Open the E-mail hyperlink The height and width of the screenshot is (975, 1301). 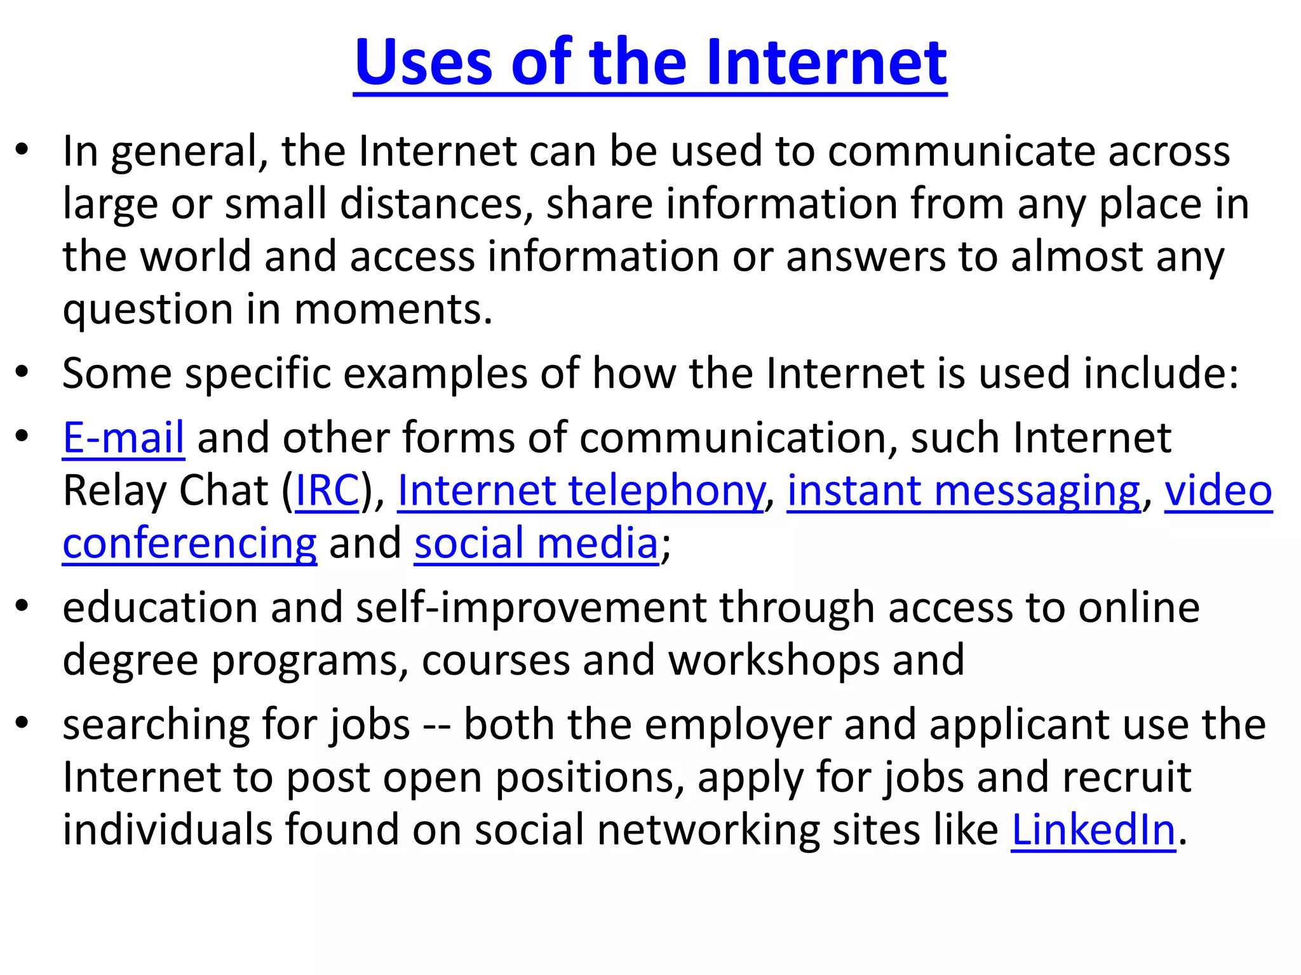(124, 438)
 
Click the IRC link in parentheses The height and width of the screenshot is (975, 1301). (328, 491)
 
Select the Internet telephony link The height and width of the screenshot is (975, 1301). (581, 491)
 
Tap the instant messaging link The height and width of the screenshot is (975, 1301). (964, 491)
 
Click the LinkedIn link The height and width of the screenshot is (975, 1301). (1093, 830)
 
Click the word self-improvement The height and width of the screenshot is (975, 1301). (531, 607)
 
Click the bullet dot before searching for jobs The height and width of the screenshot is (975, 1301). (23, 724)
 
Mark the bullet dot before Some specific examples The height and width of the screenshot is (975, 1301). (23, 372)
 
